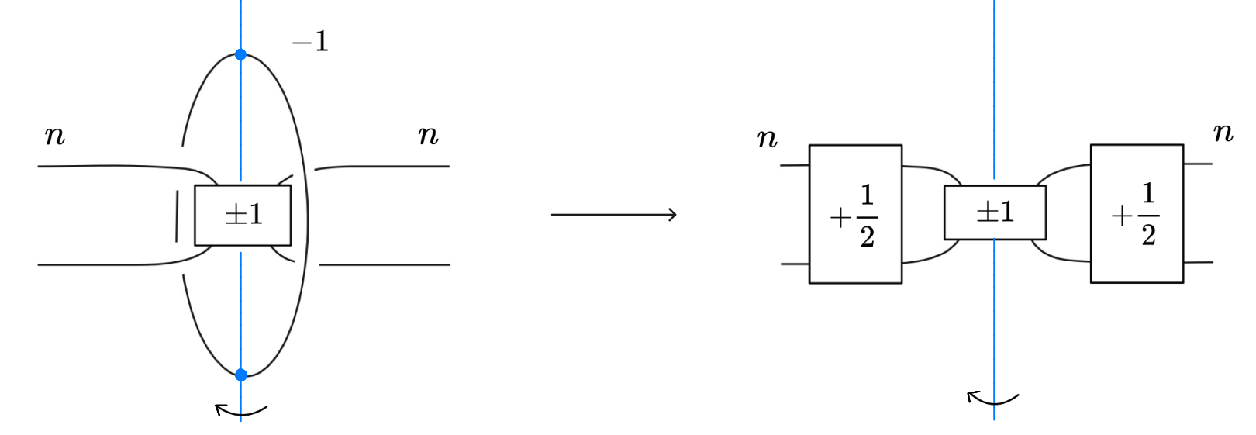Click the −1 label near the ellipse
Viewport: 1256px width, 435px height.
point(311,41)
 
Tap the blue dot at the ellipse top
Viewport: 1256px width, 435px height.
point(240,54)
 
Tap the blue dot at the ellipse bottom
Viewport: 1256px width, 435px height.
point(241,375)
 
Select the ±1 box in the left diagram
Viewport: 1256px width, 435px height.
point(243,215)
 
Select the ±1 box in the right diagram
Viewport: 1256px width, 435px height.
point(995,212)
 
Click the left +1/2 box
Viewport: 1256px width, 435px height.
point(855,214)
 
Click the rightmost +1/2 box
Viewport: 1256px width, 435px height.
point(1137,213)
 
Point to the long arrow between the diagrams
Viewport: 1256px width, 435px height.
point(613,214)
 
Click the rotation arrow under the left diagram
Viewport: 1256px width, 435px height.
point(240,409)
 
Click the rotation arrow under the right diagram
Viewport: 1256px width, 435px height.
point(992,399)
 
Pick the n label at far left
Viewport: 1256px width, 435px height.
point(55,136)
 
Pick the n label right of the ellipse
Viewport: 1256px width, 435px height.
point(428,136)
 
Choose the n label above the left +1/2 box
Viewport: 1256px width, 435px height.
point(767,139)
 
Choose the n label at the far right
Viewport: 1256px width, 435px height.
point(1223,133)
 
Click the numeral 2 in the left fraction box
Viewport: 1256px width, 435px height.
point(868,236)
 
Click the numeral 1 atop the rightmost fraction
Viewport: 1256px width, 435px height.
point(1148,193)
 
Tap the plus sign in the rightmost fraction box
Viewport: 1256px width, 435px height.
point(1121,216)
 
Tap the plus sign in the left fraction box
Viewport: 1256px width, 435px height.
point(840,218)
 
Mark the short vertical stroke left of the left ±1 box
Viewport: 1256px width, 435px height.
point(177,216)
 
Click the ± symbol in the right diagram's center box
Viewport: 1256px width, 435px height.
point(987,212)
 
